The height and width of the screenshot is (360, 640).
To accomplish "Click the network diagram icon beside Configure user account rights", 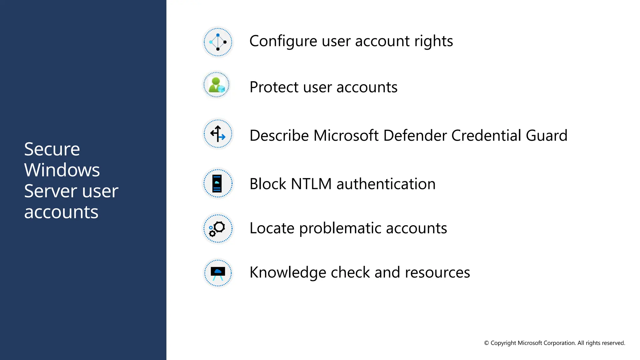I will pos(218,42).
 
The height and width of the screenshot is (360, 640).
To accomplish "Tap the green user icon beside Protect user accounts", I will pos(216,85).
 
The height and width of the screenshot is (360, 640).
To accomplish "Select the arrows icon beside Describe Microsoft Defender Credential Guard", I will pos(218,134).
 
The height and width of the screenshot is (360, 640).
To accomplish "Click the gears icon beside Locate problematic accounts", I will pos(217,228).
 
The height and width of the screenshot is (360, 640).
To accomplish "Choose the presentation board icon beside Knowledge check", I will pos(218,273).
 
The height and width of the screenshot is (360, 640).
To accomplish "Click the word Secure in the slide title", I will pos(52,149).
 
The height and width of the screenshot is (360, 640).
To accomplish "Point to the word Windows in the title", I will pos(62,170).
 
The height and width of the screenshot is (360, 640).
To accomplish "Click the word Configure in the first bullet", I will pos(283,41).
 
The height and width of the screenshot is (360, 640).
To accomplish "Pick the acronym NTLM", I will pos(311,184).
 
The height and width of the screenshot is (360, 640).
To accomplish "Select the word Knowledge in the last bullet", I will pos(287,272).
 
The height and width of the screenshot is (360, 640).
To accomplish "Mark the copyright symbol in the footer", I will pos(487,343).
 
